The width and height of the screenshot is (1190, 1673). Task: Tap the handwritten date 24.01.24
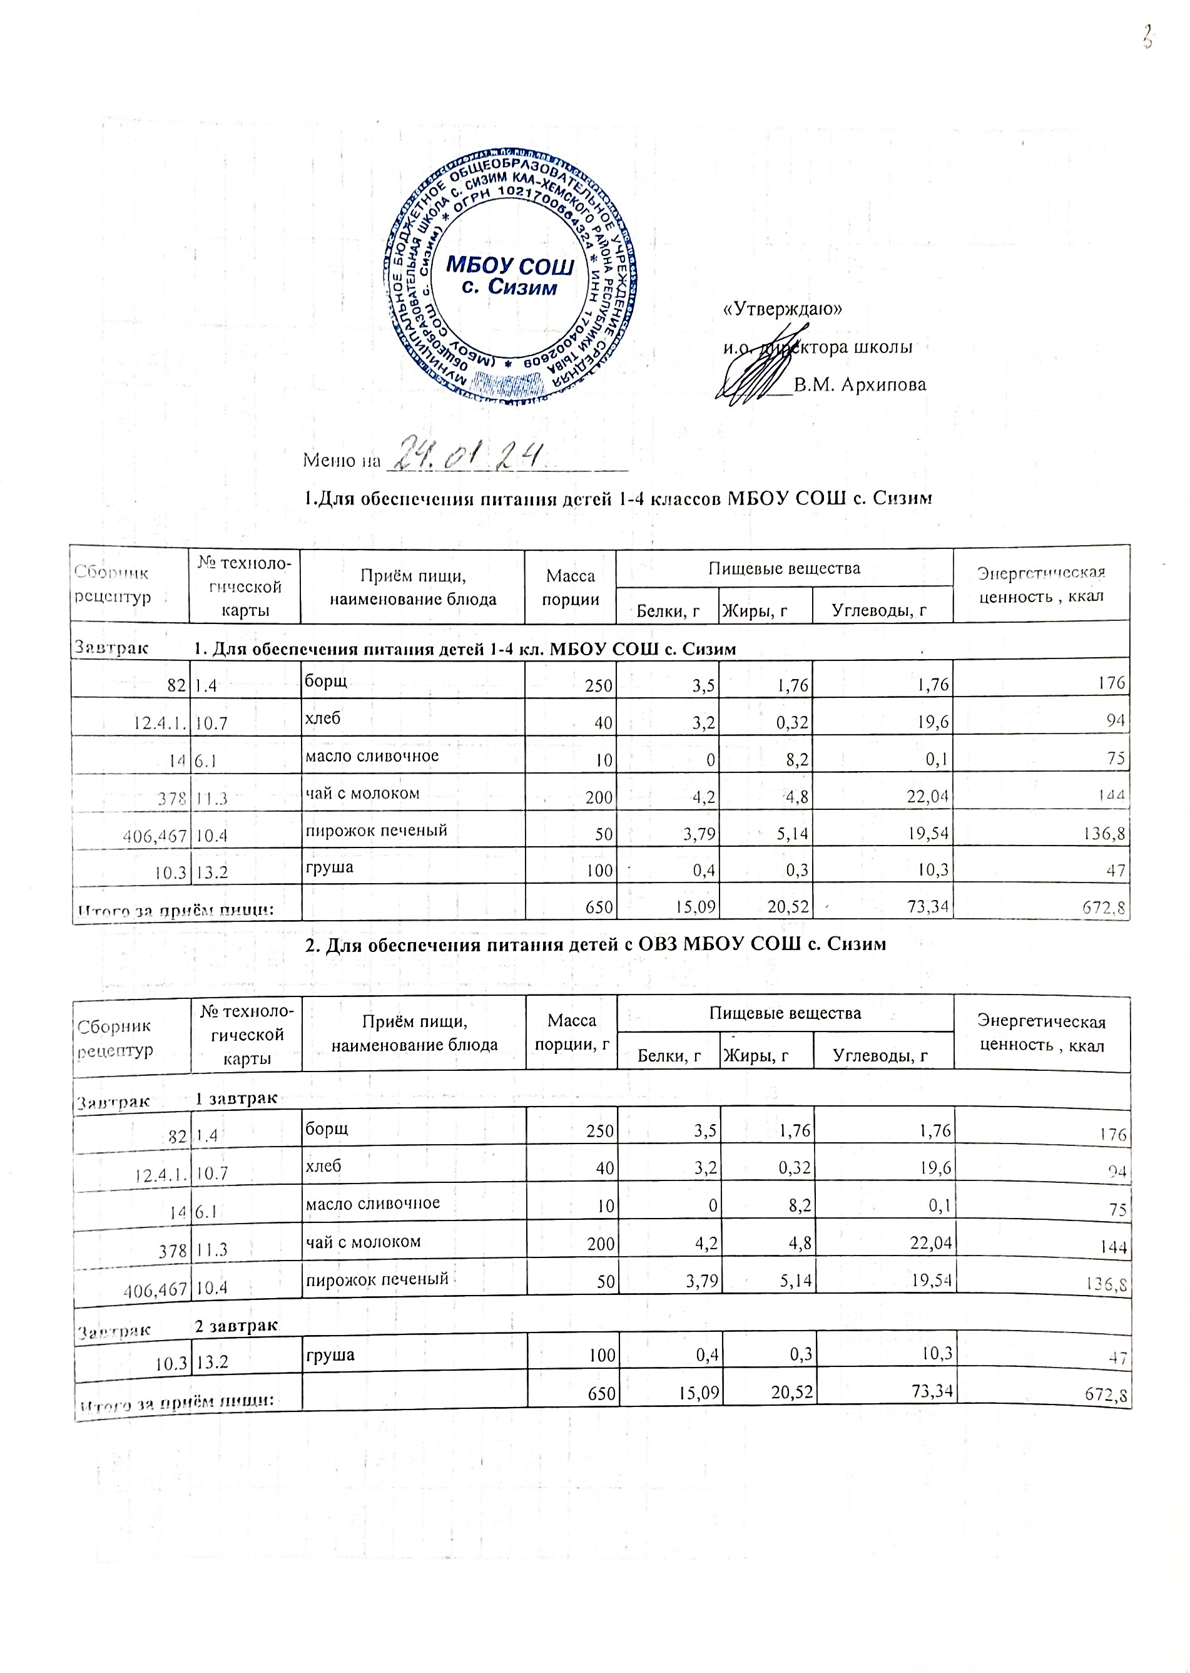[x=470, y=454]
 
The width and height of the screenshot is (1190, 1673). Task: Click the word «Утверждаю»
[x=782, y=309]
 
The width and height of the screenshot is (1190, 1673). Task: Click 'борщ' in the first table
[x=326, y=681]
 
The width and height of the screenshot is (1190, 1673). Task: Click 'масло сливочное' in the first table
[x=372, y=755]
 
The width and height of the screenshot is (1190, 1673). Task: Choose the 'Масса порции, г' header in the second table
[x=572, y=1032]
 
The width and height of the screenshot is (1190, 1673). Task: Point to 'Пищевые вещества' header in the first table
[x=783, y=568]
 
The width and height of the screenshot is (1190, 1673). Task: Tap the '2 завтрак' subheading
[x=236, y=1325]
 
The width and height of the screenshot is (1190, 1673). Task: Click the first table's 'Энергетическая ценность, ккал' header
[x=1041, y=584]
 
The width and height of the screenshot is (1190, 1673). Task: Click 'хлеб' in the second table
[x=323, y=1165]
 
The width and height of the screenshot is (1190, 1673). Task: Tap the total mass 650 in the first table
[x=599, y=907]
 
